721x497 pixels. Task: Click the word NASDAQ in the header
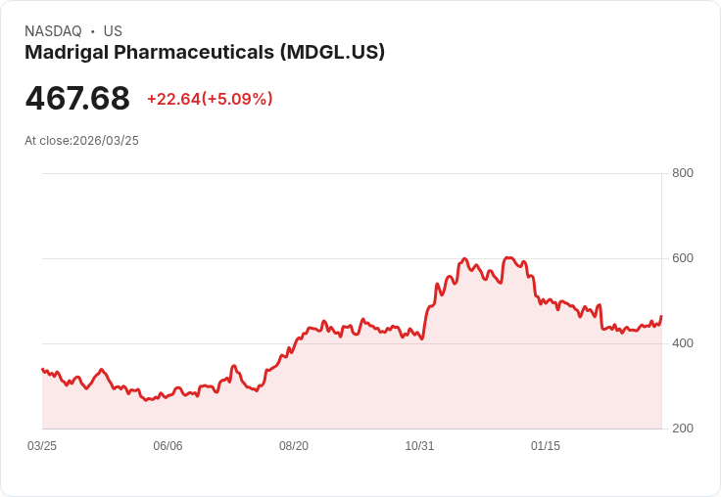point(53,31)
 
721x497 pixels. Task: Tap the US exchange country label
point(113,31)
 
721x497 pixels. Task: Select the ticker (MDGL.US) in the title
point(332,53)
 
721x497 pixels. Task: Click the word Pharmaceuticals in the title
point(195,53)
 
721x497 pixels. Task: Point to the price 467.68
point(77,99)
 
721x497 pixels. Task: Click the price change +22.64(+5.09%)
point(210,99)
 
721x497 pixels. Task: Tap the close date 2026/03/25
point(106,141)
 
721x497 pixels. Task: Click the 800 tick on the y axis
point(683,173)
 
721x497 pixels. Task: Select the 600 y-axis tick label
point(683,258)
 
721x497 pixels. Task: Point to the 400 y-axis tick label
point(683,343)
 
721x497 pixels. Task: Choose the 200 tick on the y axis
point(683,429)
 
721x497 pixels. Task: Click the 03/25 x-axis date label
point(42,446)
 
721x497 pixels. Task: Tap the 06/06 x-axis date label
point(168,446)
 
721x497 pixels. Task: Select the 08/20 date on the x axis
point(294,446)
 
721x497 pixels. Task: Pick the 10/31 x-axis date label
point(419,446)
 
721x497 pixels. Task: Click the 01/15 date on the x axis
point(546,446)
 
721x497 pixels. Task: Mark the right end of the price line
point(661,317)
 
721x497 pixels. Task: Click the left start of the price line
point(42,369)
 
